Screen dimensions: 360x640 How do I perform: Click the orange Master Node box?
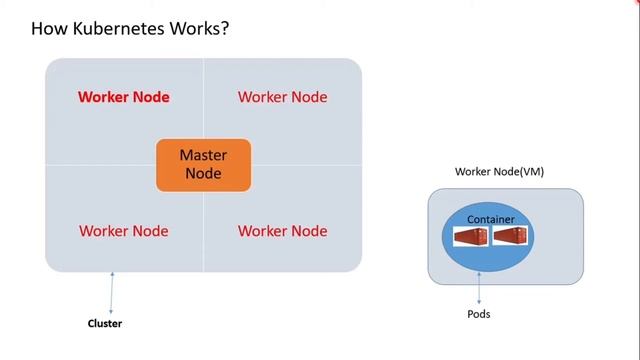coord(203,165)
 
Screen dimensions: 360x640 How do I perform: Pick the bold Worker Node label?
coord(123,97)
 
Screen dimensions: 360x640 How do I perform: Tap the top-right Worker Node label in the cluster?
coord(282,97)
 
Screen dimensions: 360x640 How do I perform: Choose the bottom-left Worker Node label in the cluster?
coord(123,231)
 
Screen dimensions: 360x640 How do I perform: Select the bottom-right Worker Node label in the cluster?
coord(282,231)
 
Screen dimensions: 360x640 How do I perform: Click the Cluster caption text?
coord(105,323)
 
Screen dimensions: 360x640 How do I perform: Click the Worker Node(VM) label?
coord(499,172)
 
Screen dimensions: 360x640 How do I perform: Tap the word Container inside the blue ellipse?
coord(491,218)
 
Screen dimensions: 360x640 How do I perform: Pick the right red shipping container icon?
coord(510,237)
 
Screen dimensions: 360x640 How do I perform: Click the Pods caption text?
coord(479,314)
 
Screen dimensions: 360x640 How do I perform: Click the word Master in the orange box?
coord(203,155)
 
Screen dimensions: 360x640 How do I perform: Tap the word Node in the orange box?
coord(203,174)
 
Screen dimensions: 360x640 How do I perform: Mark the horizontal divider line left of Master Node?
coord(100,165)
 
